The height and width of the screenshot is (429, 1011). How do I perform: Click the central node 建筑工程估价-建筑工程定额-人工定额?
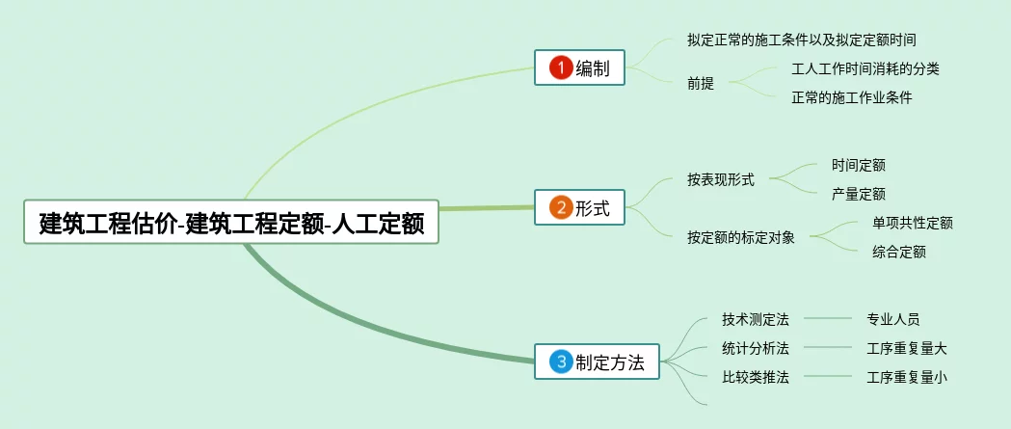click(231, 222)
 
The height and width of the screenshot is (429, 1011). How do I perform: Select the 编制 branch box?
click(579, 67)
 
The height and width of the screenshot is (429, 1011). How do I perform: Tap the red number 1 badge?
click(561, 67)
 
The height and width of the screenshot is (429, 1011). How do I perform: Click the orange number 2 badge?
click(561, 207)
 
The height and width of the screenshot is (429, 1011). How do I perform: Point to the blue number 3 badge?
click(561, 362)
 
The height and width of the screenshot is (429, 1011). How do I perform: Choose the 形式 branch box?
click(579, 207)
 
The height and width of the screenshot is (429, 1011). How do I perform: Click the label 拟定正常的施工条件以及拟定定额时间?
click(801, 40)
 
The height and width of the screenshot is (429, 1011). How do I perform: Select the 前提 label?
click(701, 83)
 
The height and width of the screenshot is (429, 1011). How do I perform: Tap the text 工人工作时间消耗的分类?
click(865, 68)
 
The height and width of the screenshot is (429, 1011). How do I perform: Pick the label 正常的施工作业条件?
click(851, 97)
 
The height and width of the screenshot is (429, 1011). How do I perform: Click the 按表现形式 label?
click(721, 179)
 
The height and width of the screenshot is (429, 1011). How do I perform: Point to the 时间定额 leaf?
click(858, 165)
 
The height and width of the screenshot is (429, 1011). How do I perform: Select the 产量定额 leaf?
click(858, 194)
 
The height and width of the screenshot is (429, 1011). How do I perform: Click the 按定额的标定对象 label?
click(741, 237)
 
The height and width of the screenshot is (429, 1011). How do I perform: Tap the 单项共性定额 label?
click(912, 223)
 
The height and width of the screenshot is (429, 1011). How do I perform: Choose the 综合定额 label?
click(899, 252)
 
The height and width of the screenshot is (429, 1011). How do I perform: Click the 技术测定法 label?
click(756, 319)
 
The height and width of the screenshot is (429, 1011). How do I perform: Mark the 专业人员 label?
click(893, 319)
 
